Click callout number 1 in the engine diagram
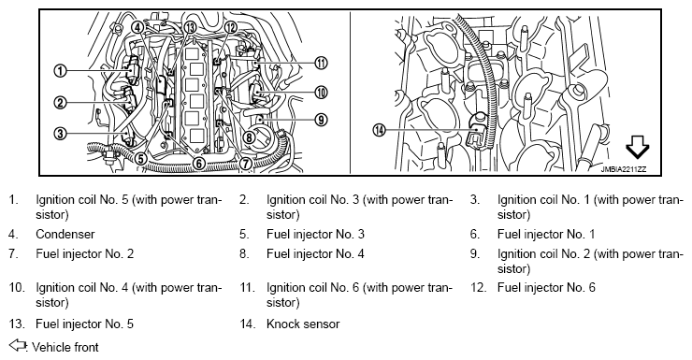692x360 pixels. click(x=61, y=70)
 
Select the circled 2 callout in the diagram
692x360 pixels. click(x=61, y=103)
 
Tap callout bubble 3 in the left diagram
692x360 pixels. click(x=61, y=133)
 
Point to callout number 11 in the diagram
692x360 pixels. click(x=322, y=63)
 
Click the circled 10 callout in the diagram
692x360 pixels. click(x=322, y=93)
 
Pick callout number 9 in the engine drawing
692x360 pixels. click(x=322, y=119)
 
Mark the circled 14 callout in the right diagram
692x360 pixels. click(x=379, y=130)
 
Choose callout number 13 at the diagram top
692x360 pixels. click(x=190, y=27)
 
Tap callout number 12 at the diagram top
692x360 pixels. click(x=231, y=27)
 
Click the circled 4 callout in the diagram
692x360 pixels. click(x=138, y=27)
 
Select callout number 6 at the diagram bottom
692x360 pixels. click(x=199, y=164)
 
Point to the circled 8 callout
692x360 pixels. click(x=250, y=137)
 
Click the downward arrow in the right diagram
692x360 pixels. click(x=638, y=147)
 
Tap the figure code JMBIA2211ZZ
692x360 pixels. click(x=624, y=169)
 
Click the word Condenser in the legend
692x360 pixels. click(x=65, y=234)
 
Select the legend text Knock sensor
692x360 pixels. click(x=303, y=324)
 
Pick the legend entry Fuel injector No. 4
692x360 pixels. click(x=315, y=253)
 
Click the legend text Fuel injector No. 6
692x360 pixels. click(x=546, y=288)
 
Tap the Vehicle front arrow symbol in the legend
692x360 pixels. click(x=18, y=345)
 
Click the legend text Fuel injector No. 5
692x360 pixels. click(x=85, y=324)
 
